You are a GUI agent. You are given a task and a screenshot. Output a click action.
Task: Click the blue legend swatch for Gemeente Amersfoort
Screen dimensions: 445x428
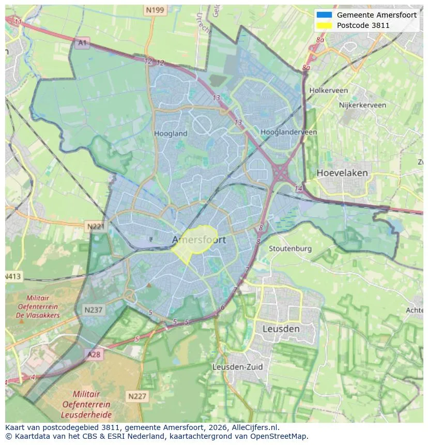coord(324,15)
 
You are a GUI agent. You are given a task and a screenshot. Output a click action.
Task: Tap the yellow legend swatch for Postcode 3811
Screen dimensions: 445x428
coord(324,25)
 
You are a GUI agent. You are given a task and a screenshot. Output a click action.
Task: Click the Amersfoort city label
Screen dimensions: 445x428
coord(198,240)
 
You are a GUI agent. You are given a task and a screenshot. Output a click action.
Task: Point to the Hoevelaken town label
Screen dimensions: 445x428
coord(342,173)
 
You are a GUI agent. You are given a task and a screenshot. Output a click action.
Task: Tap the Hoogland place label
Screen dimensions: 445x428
coord(171,133)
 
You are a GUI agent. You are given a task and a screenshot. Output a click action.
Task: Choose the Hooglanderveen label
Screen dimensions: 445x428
coord(288,132)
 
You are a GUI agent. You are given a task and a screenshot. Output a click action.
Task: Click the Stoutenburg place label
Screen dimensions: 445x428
coord(290,249)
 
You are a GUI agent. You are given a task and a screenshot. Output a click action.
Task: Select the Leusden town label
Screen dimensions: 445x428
coord(281,329)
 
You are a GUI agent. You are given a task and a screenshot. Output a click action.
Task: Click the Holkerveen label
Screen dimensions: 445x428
coord(328,90)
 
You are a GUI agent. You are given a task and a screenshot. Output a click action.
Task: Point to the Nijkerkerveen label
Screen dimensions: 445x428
coord(362,105)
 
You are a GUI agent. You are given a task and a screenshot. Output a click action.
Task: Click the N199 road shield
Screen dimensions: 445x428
coord(155,10)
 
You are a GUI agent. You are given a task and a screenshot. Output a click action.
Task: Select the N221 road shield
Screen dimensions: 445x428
coord(95,226)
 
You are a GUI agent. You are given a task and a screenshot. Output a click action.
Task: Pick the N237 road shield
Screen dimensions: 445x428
coord(93,310)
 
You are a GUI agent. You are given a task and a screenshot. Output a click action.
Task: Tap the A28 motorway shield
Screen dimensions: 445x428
coord(94,355)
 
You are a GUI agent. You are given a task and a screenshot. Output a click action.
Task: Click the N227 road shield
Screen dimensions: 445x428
coord(137,396)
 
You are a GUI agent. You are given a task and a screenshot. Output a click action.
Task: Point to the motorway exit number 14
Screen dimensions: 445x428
coord(298,189)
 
